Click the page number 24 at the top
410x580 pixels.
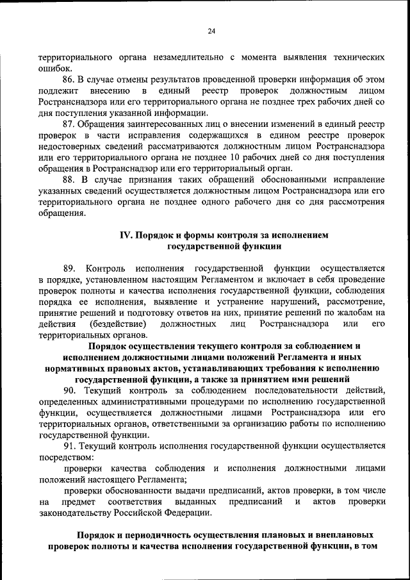pos(211,30)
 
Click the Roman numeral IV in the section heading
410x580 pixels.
pos(126,235)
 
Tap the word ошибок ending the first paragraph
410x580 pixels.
pos(55,68)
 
